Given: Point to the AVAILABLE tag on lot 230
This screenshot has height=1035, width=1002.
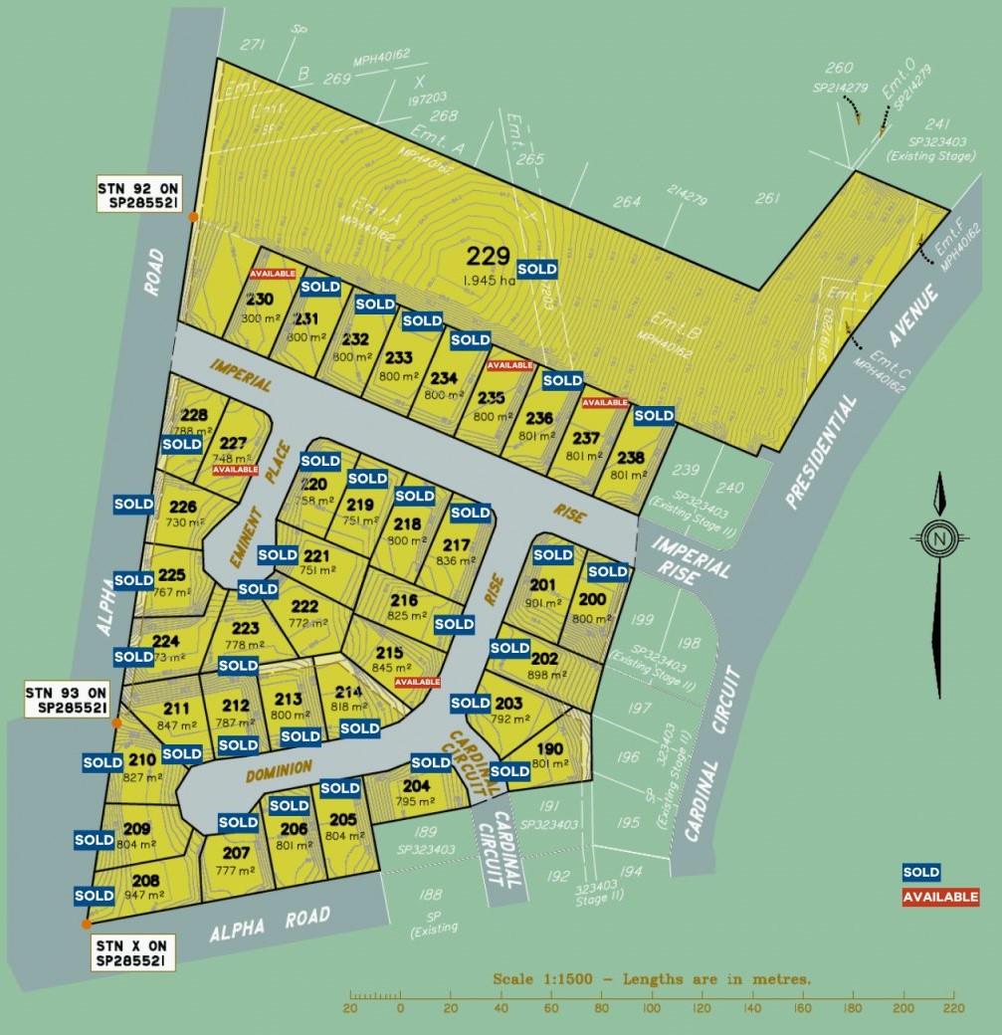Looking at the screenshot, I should tap(273, 274).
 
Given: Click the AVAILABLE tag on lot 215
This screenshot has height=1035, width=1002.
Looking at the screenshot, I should tap(418, 682).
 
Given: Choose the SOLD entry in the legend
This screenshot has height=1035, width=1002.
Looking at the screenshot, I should tap(920, 873).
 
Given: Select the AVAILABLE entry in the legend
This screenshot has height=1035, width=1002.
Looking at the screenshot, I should tap(940, 897).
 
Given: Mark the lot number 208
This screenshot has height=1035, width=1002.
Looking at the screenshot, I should tap(145, 880).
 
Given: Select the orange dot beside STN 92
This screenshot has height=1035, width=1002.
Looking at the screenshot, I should tap(193, 216).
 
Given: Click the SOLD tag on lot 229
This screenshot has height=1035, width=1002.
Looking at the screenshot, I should tap(537, 270).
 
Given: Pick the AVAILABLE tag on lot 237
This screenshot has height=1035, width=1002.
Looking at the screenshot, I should tap(605, 403).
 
